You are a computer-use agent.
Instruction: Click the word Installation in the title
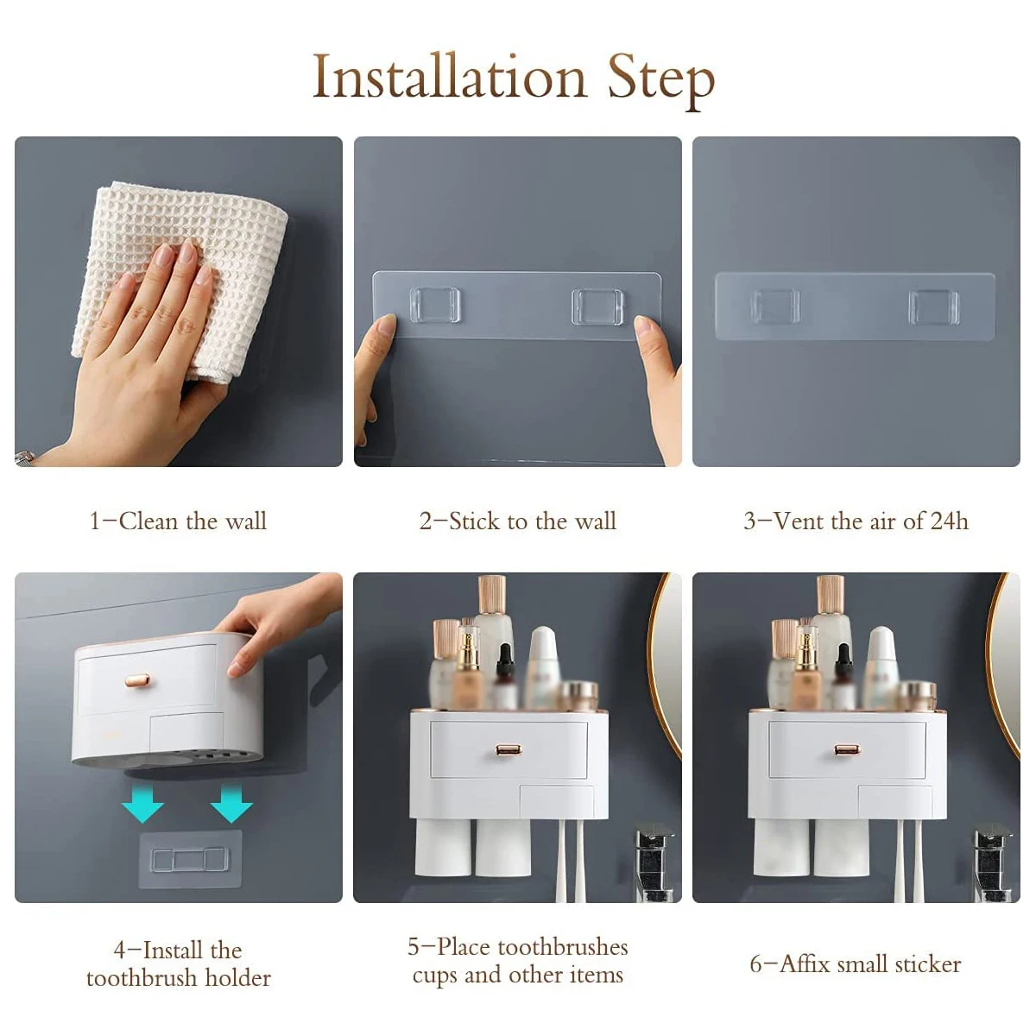pos(450,78)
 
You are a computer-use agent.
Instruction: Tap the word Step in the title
pos(661,82)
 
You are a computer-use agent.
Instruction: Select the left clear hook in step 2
pos(435,306)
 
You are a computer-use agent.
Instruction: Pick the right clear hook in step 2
pos(597,307)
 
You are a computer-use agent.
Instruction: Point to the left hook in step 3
pos(775,307)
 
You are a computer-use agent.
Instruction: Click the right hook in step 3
pos(933,308)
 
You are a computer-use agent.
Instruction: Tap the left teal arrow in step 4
pos(142,805)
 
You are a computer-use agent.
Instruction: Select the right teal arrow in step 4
pos(231,805)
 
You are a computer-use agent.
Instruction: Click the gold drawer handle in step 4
pos(139,680)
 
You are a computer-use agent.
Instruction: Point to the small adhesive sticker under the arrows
pos(190,860)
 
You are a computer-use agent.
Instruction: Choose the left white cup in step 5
pos(443,847)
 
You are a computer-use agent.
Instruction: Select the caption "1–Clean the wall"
pos(178,521)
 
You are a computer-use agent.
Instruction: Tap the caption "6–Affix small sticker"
pos(856,964)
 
